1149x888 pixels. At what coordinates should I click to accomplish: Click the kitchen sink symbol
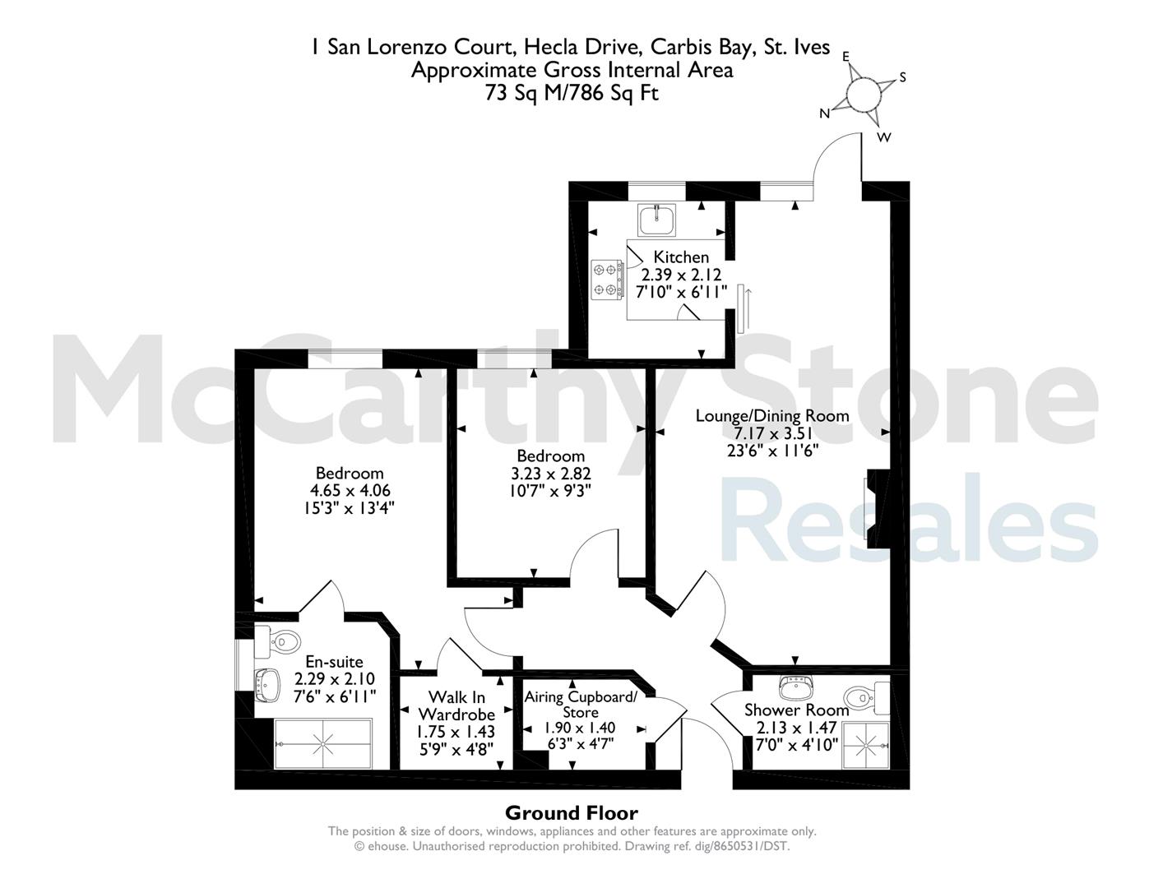tap(656, 220)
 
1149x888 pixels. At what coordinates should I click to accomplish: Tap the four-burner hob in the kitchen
tap(607, 280)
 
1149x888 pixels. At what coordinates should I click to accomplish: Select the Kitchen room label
tap(681, 257)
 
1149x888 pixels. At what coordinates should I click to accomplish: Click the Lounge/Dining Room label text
tap(772, 416)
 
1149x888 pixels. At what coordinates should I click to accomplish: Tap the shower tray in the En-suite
tap(323, 743)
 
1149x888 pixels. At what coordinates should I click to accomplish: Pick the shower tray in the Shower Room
tap(866, 746)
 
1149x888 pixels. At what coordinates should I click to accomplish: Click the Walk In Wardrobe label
tap(456, 705)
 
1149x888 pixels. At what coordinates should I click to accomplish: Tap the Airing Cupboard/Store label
tap(581, 704)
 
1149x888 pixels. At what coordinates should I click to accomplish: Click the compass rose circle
tap(864, 95)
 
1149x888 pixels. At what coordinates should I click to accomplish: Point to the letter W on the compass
tap(884, 137)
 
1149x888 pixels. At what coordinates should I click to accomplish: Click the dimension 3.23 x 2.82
tap(550, 473)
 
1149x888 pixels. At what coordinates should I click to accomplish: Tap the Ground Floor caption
tap(572, 812)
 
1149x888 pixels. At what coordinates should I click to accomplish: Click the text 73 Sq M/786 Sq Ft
tap(572, 94)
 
